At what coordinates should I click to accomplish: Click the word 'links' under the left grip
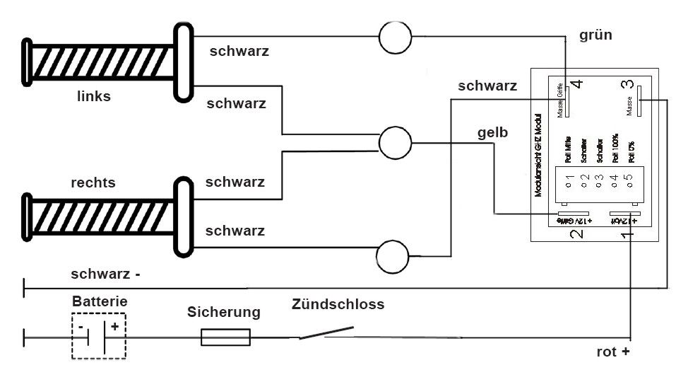coord(94,96)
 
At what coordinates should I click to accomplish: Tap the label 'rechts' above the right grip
coord(93,183)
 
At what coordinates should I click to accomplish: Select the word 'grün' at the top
coord(595,35)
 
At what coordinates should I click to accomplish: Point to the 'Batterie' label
coord(100,301)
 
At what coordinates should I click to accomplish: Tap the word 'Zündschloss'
coord(338,305)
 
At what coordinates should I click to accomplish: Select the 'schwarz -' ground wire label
coord(105,274)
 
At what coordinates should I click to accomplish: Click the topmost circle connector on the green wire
coord(395,37)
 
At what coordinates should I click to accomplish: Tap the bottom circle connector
coord(395,257)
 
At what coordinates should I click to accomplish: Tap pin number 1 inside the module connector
coord(569,185)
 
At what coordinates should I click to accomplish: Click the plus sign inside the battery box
coord(115,328)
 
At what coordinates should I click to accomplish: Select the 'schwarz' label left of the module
coord(487,87)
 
